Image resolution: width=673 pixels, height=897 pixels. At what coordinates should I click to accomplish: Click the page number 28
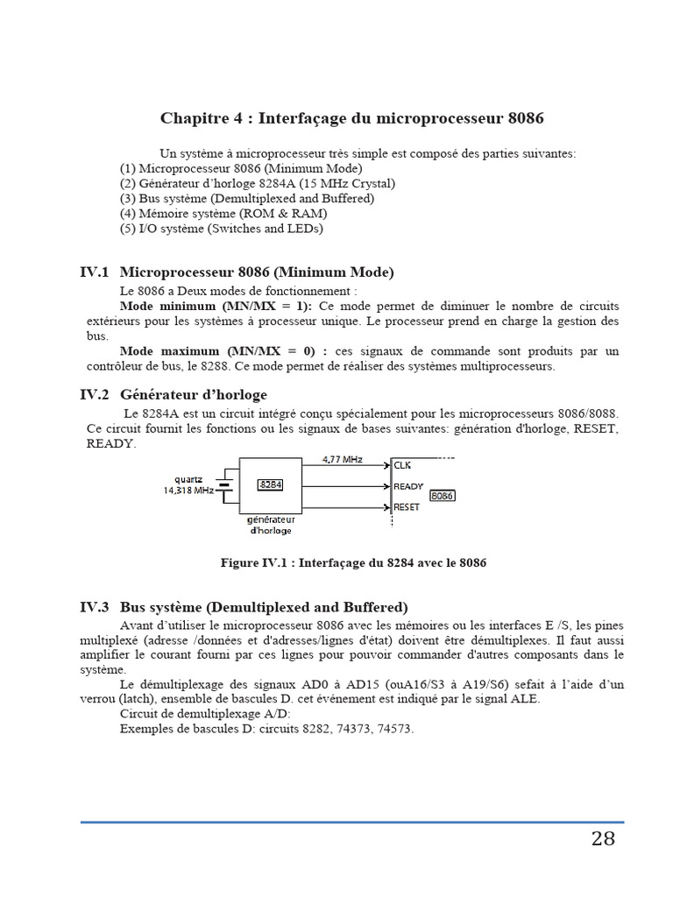tap(603, 839)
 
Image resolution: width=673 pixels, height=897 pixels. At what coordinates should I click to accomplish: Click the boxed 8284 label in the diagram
tap(270, 484)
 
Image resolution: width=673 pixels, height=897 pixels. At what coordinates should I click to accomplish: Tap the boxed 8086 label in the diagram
tap(443, 495)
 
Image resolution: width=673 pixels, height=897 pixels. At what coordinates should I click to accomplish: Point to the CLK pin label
tap(402, 465)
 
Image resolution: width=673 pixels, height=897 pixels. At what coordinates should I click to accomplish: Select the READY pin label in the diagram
tap(408, 486)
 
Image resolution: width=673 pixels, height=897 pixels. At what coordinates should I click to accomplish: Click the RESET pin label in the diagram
tap(407, 506)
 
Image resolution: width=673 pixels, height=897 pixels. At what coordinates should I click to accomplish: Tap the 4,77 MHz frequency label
tap(343, 458)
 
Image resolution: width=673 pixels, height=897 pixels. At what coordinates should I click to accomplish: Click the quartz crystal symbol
tap(225, 484)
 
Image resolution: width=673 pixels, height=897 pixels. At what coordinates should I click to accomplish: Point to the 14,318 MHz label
tap(188, 491)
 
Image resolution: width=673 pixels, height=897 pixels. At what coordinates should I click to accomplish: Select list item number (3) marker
tap(128, 198)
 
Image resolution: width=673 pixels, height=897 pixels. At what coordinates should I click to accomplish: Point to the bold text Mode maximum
tap(160, 351)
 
